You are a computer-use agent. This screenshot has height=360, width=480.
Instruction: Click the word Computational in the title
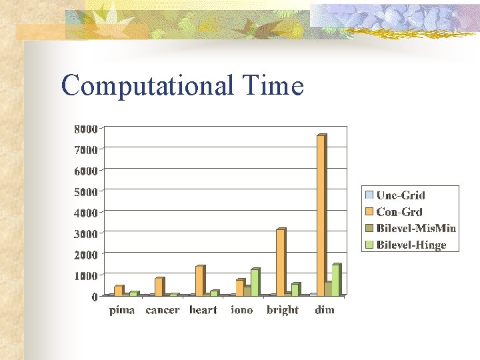click(147, 86)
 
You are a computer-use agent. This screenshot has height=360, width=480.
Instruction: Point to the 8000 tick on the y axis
click(85, 128)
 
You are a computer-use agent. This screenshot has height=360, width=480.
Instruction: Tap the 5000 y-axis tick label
click(85, 191)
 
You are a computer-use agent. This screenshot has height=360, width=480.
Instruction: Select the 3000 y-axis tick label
click(85, 233)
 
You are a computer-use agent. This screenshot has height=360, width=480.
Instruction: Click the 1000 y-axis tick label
click(85, 275)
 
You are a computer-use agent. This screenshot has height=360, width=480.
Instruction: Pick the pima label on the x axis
click(122, 310)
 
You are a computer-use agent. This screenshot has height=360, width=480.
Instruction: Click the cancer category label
click(163, 310)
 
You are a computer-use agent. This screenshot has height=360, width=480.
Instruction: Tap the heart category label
click(203, 310)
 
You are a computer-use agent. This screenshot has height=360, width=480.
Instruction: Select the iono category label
click(241, 310)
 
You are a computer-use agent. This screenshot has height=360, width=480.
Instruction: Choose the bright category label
click(283, 310)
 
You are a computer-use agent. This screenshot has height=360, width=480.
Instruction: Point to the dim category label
click(325, 310)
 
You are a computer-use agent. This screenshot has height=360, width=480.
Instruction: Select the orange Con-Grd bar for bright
click(280, 261)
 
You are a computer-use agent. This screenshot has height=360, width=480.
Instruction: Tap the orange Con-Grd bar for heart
click(199, 280)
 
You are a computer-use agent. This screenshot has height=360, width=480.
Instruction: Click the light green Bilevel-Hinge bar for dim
click(335, 279)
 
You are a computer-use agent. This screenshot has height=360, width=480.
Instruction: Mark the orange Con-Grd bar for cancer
click(159, 286)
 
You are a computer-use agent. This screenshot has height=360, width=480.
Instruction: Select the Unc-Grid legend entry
click(401, 195)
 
